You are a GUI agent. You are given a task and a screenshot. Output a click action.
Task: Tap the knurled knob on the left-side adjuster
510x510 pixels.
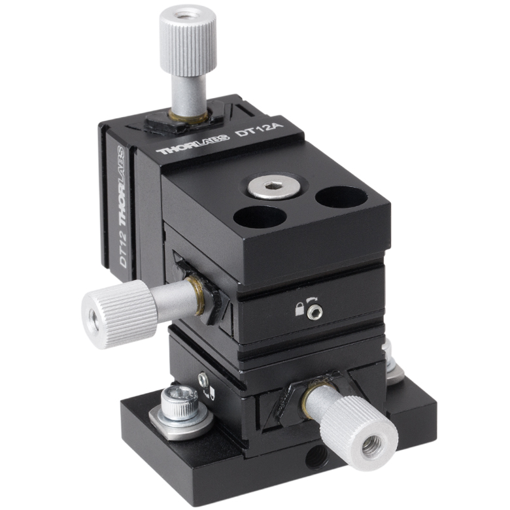pyautogui.click(x=119, y=314)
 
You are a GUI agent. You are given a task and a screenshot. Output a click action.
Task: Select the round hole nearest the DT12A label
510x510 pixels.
pyautogui.click(x=341, y=199)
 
